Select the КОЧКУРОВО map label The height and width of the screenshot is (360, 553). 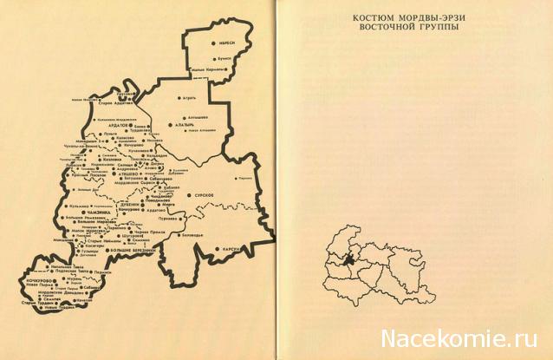click(41, 280)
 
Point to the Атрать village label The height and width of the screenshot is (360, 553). click(179, 97)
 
